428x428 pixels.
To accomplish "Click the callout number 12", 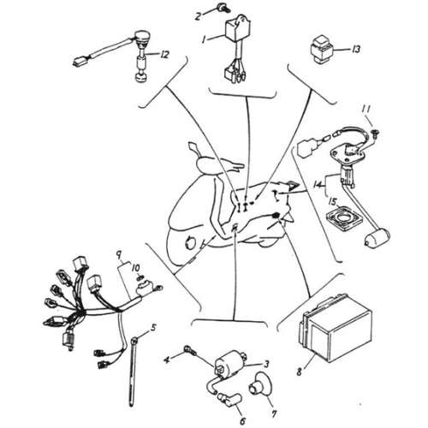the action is (163, 54).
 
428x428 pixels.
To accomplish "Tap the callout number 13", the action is (355, 50).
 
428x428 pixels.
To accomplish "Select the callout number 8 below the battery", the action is (300, 372).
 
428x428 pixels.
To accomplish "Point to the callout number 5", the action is (153, 328).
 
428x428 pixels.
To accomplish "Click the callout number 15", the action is (333, 202).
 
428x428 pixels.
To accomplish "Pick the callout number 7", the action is (274, 414).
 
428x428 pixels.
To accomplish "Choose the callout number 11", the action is (366, 109).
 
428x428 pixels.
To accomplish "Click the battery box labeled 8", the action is (336, 327).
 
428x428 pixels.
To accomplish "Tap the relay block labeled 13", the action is (322, 49).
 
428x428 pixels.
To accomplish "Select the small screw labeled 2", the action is (222, 7).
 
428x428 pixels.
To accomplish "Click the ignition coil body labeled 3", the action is (232, 362).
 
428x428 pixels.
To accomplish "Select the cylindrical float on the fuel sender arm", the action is (377, 239).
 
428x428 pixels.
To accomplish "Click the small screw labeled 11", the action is (375, 132).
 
